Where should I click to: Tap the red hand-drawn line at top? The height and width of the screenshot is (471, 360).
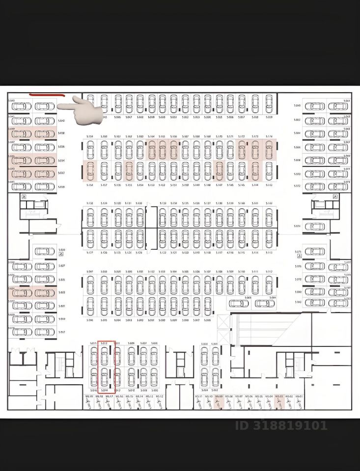tap(48, 93)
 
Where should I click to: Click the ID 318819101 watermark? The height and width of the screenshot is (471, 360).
tap(281, 425)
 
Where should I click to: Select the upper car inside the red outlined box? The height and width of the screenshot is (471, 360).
tap(104, 356)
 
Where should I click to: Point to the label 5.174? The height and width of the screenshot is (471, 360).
tap(269, 136)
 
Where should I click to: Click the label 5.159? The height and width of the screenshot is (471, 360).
tap(90, 136)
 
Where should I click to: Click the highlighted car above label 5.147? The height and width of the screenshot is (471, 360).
tap(219, 171)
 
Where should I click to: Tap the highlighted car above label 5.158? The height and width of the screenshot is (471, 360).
tap(90, 171)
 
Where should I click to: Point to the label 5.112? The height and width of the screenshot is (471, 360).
tap(269, 272)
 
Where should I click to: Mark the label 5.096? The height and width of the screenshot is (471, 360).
tap(90, 320)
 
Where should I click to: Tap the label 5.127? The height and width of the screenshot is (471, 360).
tap(90, 253)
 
